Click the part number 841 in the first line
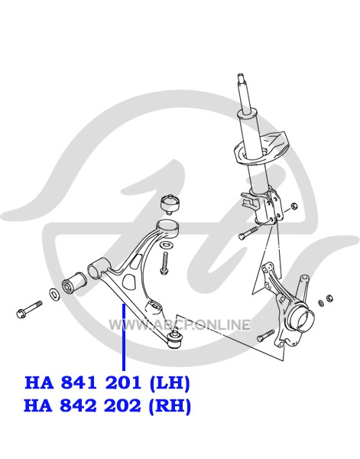[79, 382]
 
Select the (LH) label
[170, 383]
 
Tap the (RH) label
[170, 406]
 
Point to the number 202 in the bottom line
[122, 405]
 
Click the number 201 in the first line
[123, 382]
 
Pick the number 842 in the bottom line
[78, 405]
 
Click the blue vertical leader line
[124, 337]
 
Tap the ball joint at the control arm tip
[175, 340]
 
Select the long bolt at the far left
[29, 308]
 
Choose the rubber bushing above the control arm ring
[170, 204]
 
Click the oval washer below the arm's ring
[167, 244]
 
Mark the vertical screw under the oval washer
[165, 263]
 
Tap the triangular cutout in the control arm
[131, 281]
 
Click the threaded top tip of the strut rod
[241, 77]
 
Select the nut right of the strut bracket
[295, 206]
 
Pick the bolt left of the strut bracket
[248, 232]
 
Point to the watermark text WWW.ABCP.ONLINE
[180, 325]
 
